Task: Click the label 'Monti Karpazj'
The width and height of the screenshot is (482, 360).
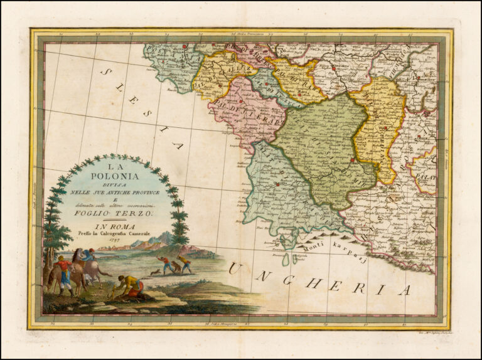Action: point(328,245)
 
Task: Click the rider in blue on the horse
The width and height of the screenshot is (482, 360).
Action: point(88,255)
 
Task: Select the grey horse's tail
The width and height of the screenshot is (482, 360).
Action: point(105,273)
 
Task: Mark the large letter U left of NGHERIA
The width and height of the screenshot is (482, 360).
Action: point(234,269)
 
